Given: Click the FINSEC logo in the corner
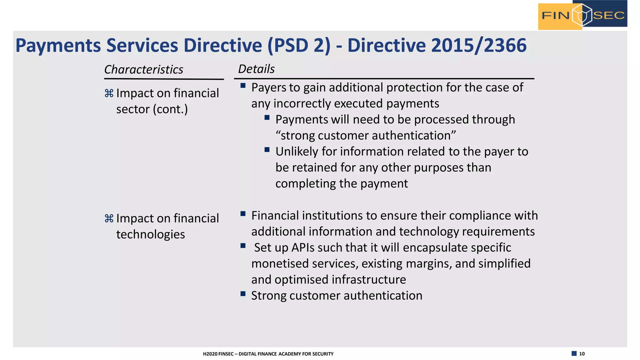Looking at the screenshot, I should (582, 15).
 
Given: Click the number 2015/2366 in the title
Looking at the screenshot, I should (479, 45).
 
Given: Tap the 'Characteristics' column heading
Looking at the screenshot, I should (144, 69).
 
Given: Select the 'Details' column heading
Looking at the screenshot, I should (256, 69).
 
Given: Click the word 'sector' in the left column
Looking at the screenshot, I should (133, 109).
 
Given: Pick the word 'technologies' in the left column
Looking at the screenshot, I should (151, 234).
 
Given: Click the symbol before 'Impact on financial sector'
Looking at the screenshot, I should (109, 93).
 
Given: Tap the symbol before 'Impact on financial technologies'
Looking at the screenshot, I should (109, 218).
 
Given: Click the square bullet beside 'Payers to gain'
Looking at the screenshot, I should (243, 85).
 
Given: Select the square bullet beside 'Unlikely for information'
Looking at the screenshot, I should (267, 150).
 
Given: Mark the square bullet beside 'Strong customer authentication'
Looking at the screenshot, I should (243, 293).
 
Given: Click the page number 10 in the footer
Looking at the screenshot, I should (582, 354).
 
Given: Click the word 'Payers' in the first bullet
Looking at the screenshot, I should (268, 88).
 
